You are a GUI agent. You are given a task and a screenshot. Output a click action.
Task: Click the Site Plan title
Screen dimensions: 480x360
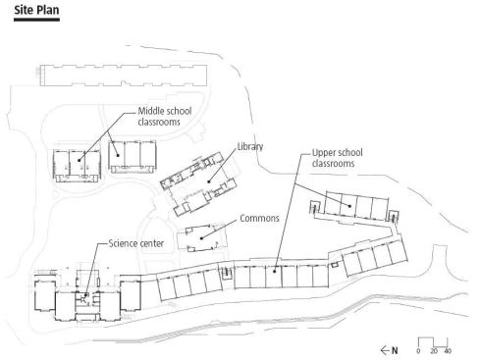[36, 10]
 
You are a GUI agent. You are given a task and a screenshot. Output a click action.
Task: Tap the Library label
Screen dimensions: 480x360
[250, 146]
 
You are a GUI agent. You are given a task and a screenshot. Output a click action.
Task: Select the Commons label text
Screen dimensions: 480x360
[259, 218]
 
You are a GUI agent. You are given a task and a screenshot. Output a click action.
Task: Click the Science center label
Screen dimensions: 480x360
[136, 243]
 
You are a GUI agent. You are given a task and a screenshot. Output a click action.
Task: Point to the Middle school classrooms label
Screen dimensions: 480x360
[165, 116]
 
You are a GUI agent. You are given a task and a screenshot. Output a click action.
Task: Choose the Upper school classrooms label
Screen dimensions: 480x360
[338, 158]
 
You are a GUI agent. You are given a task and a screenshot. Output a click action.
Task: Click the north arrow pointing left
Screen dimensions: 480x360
[385, 350]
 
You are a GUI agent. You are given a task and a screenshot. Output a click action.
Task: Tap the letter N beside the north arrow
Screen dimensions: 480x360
[395, 350]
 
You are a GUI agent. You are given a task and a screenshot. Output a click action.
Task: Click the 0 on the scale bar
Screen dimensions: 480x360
[418, 351]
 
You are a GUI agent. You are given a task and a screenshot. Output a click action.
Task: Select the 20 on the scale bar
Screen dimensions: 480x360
[434, 351]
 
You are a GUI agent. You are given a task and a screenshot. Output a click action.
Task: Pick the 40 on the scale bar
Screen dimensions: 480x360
[448, 351]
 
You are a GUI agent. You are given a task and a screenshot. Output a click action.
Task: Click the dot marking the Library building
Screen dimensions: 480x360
[209, 181]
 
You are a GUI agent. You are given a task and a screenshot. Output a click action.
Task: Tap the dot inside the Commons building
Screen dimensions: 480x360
[201, 238]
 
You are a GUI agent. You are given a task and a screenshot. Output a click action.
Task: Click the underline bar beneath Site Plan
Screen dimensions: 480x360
[36, 20]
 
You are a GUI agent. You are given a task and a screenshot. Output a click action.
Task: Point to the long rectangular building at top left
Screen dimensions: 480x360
[124, 76]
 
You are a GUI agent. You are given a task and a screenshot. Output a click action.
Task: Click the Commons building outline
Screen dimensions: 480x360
[177, 238]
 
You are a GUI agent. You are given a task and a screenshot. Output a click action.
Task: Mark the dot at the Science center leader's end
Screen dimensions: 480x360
[85, 295]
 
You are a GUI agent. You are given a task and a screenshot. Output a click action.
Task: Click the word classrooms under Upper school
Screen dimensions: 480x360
[333, 163]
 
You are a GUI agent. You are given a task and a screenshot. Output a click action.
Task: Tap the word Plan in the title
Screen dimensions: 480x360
[48, 10]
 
